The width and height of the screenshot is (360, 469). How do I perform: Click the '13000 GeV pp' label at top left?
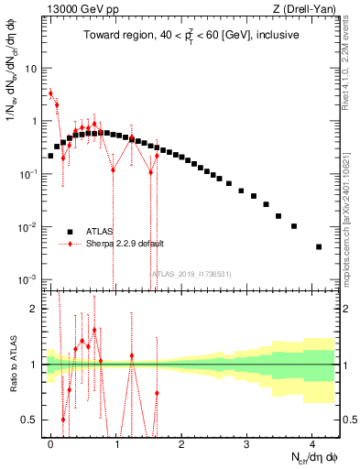74,9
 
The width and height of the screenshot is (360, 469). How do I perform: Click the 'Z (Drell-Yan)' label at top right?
307,9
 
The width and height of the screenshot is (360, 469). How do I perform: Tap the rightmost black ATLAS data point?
318,246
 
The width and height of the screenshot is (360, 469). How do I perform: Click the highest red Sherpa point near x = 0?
51,93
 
